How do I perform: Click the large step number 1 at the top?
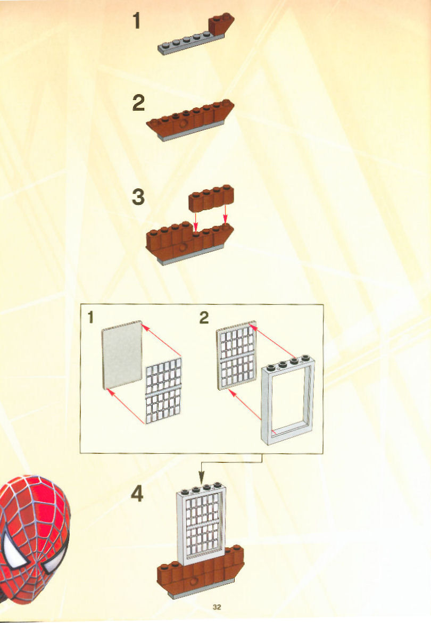pyautogui.click(x=137, y=21)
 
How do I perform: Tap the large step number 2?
pyautogui.click(x=138, y=103)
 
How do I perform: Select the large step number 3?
pyautogui.click(x=138, y=197)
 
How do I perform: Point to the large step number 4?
pyautogui.click(x=137, y=494)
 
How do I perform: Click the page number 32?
pyautogui.click(x=217, y=607)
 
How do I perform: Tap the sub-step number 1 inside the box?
pyautogui.click(x=90, y=318)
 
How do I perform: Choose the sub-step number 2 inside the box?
pyautogui.click(x=204, y=318)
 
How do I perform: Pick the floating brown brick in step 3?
pyautogui.click(x=211, y=197)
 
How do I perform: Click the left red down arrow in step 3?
pyautogui.click(x=195, y=220)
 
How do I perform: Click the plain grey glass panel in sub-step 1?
pyautogui.click(x=122, y=354)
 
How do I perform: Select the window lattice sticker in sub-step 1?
pyautogui.click(x=164, y=391)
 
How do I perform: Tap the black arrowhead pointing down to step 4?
pyautogui.click(x=201, y=477)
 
